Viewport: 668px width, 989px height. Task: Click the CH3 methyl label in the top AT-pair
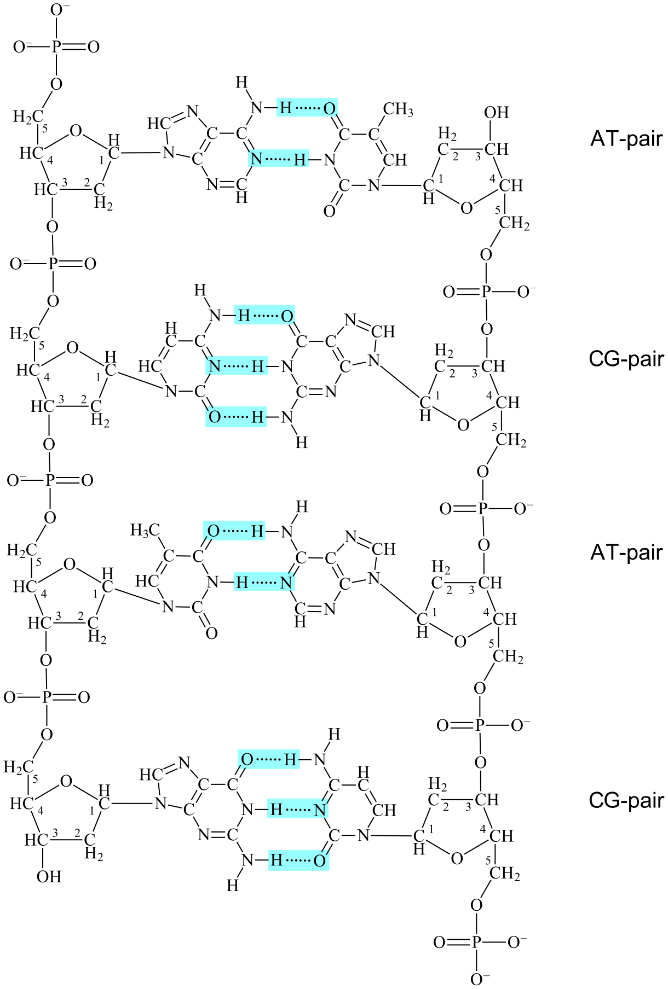point(398,109)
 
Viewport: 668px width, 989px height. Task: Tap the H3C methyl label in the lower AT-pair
point(145,530)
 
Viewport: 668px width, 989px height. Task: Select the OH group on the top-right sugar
point(497,112)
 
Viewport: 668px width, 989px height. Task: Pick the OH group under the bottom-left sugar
point(49,876)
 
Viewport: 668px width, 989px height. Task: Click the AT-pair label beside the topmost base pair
point(626,138)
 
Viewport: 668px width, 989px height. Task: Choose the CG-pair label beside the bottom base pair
point(626,800)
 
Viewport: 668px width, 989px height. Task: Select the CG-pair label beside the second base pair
point(626,359)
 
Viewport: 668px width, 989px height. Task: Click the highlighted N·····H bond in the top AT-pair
point(279,160)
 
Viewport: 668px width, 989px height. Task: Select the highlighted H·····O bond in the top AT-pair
point(307,108)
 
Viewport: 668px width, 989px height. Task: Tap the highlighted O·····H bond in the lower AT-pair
point(235,531)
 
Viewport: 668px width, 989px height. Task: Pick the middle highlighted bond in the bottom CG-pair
point(298,809)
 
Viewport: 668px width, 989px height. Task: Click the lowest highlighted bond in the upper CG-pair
point(237,417)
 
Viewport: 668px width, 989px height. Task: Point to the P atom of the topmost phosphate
point(56,47)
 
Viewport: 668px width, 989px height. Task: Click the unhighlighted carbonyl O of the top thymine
point(330,211)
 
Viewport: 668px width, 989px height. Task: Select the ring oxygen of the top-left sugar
point(76,131)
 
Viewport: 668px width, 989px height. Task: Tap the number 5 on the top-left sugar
point(45,128)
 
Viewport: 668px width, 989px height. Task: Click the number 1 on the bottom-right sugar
point(431,830)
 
